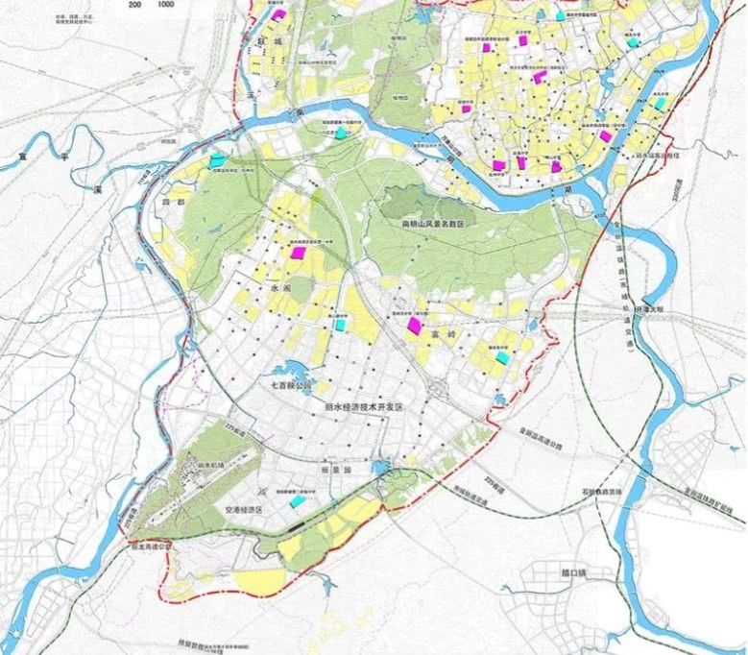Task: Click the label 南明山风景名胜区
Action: tap(432, 222)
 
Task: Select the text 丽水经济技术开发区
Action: tap(361, 407)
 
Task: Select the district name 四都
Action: tap(173, 203)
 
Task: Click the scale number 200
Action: tap(133, 5)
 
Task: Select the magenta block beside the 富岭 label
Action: tap(415, 326)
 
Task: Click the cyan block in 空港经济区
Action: tap(299, 500)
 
